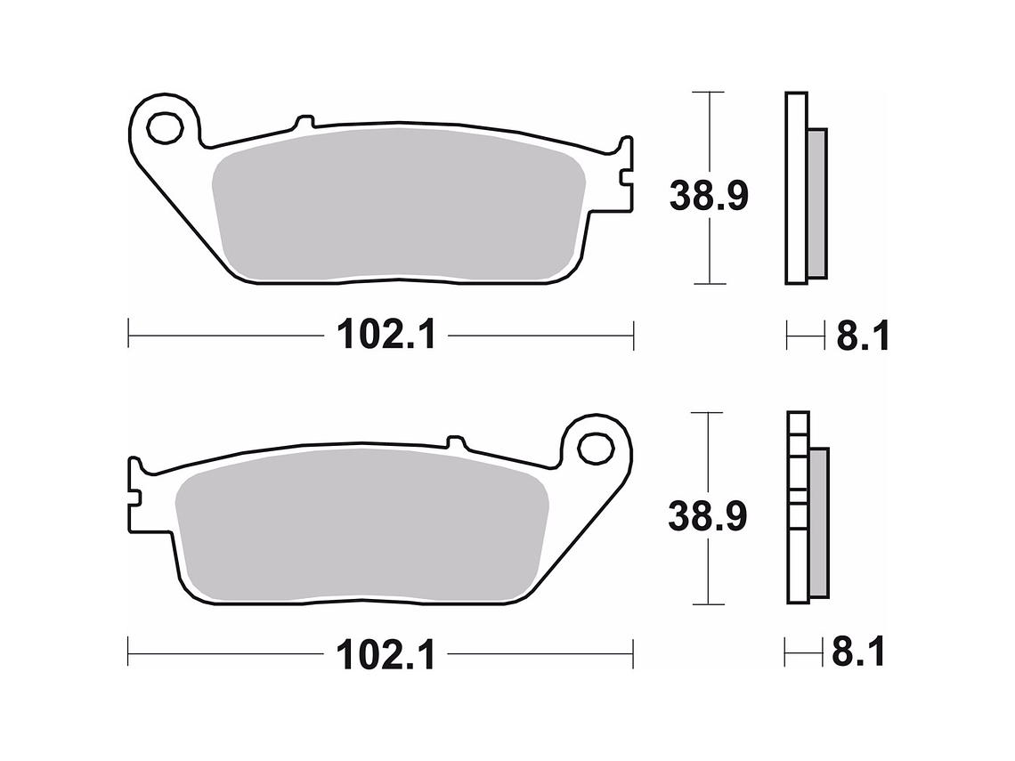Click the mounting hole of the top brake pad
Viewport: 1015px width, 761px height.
tap(165, 128)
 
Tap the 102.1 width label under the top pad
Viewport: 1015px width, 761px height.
tap(386, 336)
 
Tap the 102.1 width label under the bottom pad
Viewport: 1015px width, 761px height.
tap(386, 656)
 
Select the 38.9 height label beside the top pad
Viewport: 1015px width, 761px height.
tap(709, 196)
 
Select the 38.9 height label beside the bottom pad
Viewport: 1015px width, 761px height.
tap(708, 517)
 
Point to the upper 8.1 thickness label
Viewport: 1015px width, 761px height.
tap(860, 337)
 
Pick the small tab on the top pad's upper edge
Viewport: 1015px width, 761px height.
tap(304, 122)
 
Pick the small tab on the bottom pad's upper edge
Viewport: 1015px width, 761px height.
tap(456, 442)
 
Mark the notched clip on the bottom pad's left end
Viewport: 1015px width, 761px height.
tap(135, 494)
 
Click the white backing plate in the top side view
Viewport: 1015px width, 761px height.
tap(796, 188)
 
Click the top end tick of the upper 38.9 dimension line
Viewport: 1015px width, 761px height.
tap(708, 93)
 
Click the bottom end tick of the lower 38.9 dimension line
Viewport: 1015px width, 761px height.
tap(707, 604)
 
